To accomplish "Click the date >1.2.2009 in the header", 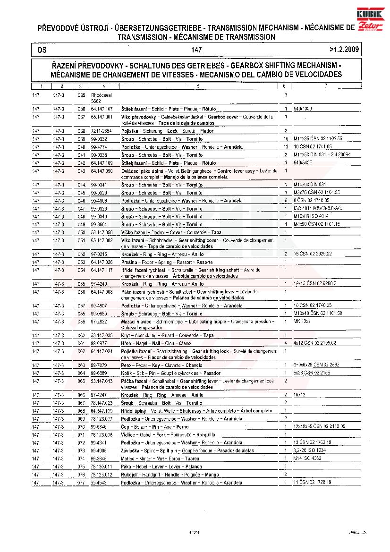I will pos(344,49).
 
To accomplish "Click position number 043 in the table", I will pos(81,170).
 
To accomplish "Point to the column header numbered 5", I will pos(198,86).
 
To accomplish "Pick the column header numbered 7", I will pos(326,86).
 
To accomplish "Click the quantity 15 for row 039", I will pos(286,139).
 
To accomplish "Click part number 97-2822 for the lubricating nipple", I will pos(100,321).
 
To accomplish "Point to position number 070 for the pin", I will pos(81,427).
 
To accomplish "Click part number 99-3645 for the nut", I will pos(100,459).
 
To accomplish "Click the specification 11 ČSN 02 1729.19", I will pos(312,483).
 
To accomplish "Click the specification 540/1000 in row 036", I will pos(303,109).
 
